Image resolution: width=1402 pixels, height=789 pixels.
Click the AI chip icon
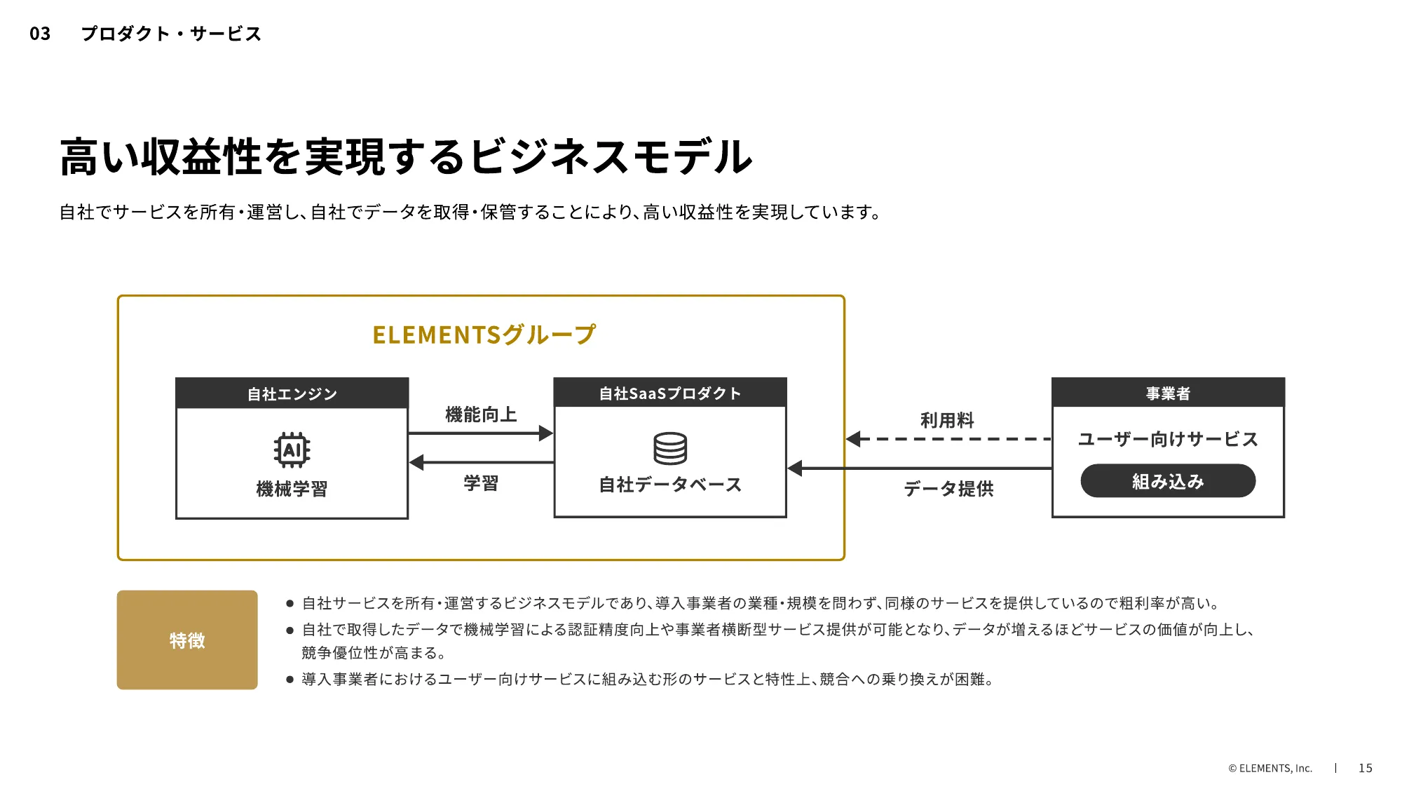(292, 450)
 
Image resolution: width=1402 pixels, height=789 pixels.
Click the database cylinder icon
(670, 448)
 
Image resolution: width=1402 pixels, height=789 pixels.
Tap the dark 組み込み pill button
(1168, 481)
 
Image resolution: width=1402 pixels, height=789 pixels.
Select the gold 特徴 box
(187, 640)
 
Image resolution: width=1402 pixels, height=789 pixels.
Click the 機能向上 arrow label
(481, 414)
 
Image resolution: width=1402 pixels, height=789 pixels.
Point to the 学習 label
(481, 483)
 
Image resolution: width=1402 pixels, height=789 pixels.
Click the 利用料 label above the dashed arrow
(947, 420)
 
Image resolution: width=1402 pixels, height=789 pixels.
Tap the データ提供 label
(948, 488)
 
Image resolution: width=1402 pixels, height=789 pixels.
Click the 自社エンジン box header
(292, 393)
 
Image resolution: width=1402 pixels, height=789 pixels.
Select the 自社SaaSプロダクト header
(670, 393)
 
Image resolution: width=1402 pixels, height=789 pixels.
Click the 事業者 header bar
(1168, 393)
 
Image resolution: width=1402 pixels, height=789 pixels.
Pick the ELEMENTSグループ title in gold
(484, 335)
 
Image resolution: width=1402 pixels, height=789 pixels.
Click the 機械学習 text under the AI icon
(292, 489)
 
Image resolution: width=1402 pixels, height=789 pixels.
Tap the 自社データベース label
(670, 485)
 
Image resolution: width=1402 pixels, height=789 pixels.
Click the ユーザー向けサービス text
(1168, 439)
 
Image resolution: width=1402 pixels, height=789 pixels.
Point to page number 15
(1365, 768)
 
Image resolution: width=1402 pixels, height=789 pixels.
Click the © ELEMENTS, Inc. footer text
(1270, 768)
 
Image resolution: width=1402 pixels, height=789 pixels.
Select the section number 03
(40, 34)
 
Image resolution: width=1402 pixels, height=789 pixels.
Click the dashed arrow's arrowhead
(854, 439)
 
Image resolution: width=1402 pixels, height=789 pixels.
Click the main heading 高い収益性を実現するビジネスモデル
(406, 156)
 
